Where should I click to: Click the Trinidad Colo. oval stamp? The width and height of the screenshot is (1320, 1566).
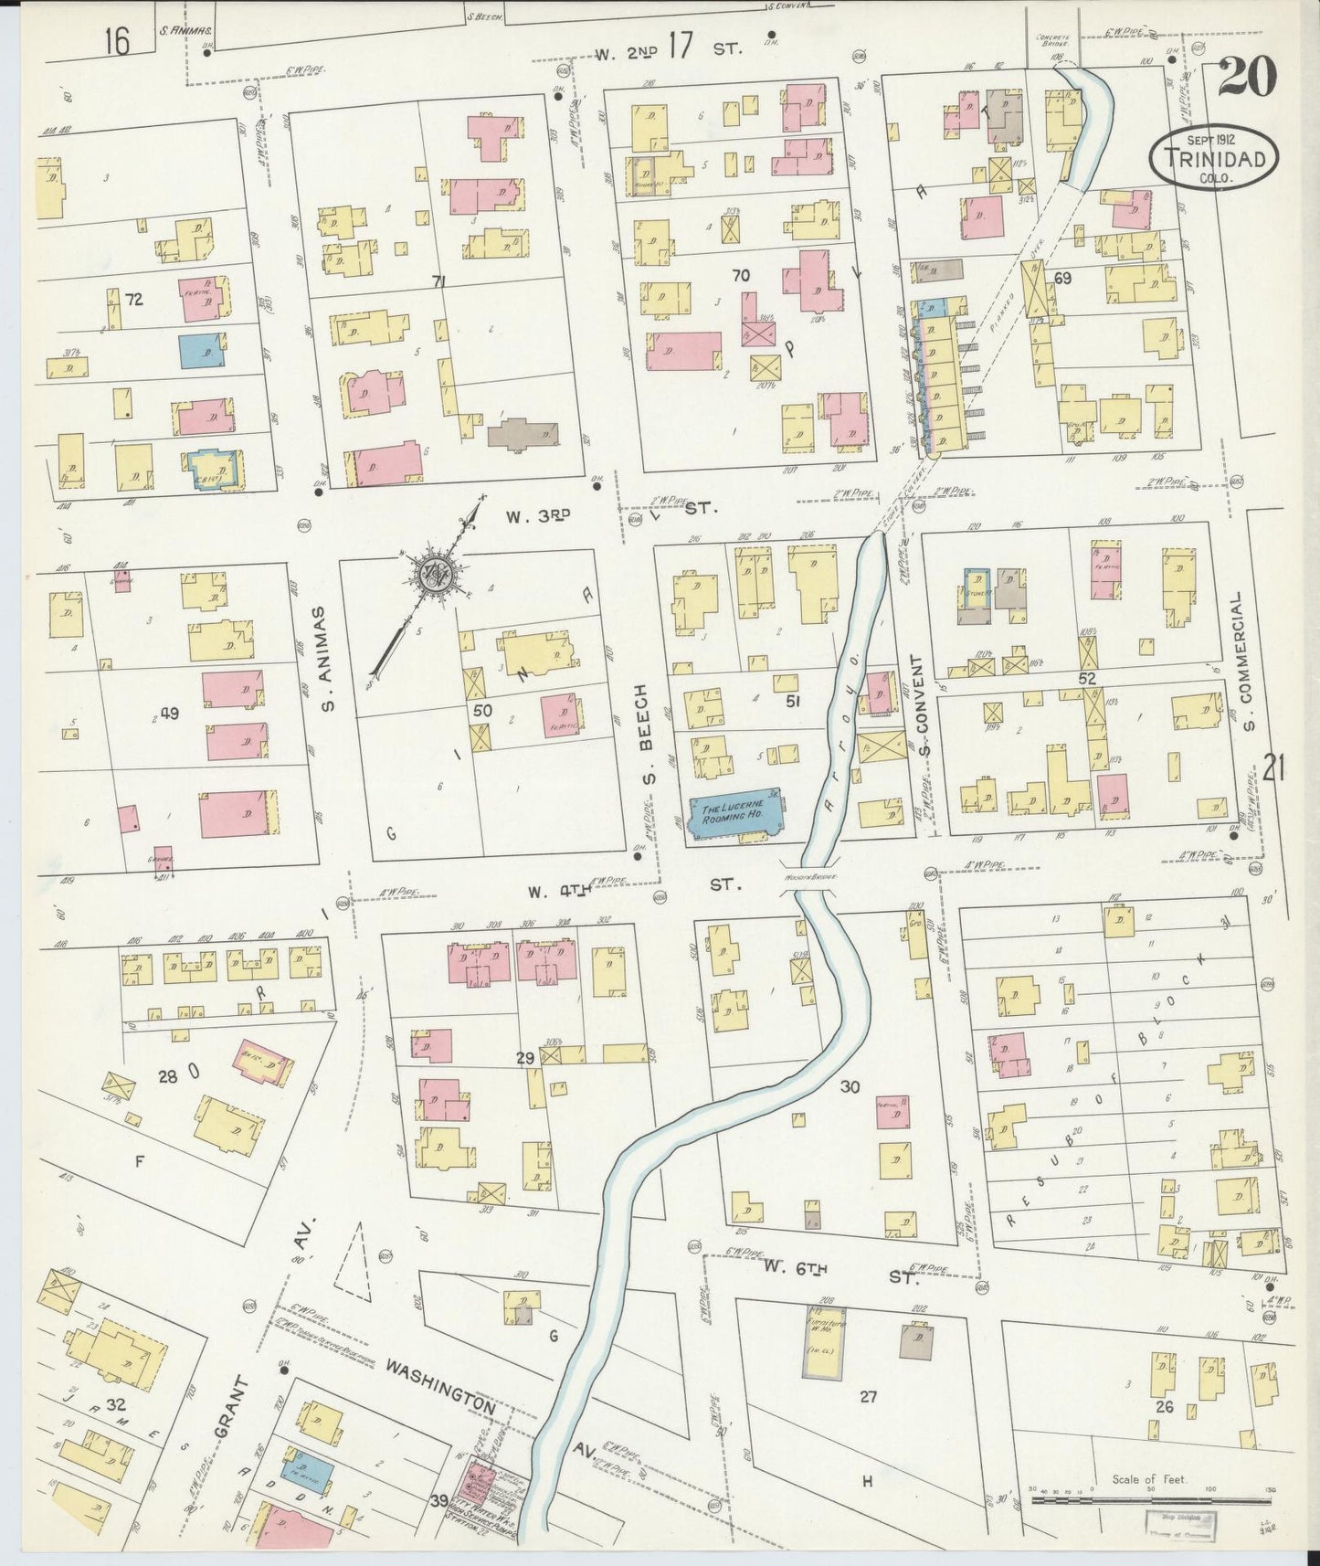tap(1220, 159)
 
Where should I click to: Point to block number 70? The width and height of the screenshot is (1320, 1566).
tap(739, 274)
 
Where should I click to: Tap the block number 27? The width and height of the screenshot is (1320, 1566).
tap(867, 1397)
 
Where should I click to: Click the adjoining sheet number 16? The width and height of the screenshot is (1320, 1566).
tap(117, 41)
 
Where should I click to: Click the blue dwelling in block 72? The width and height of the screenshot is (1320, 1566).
tap(203, 352)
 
